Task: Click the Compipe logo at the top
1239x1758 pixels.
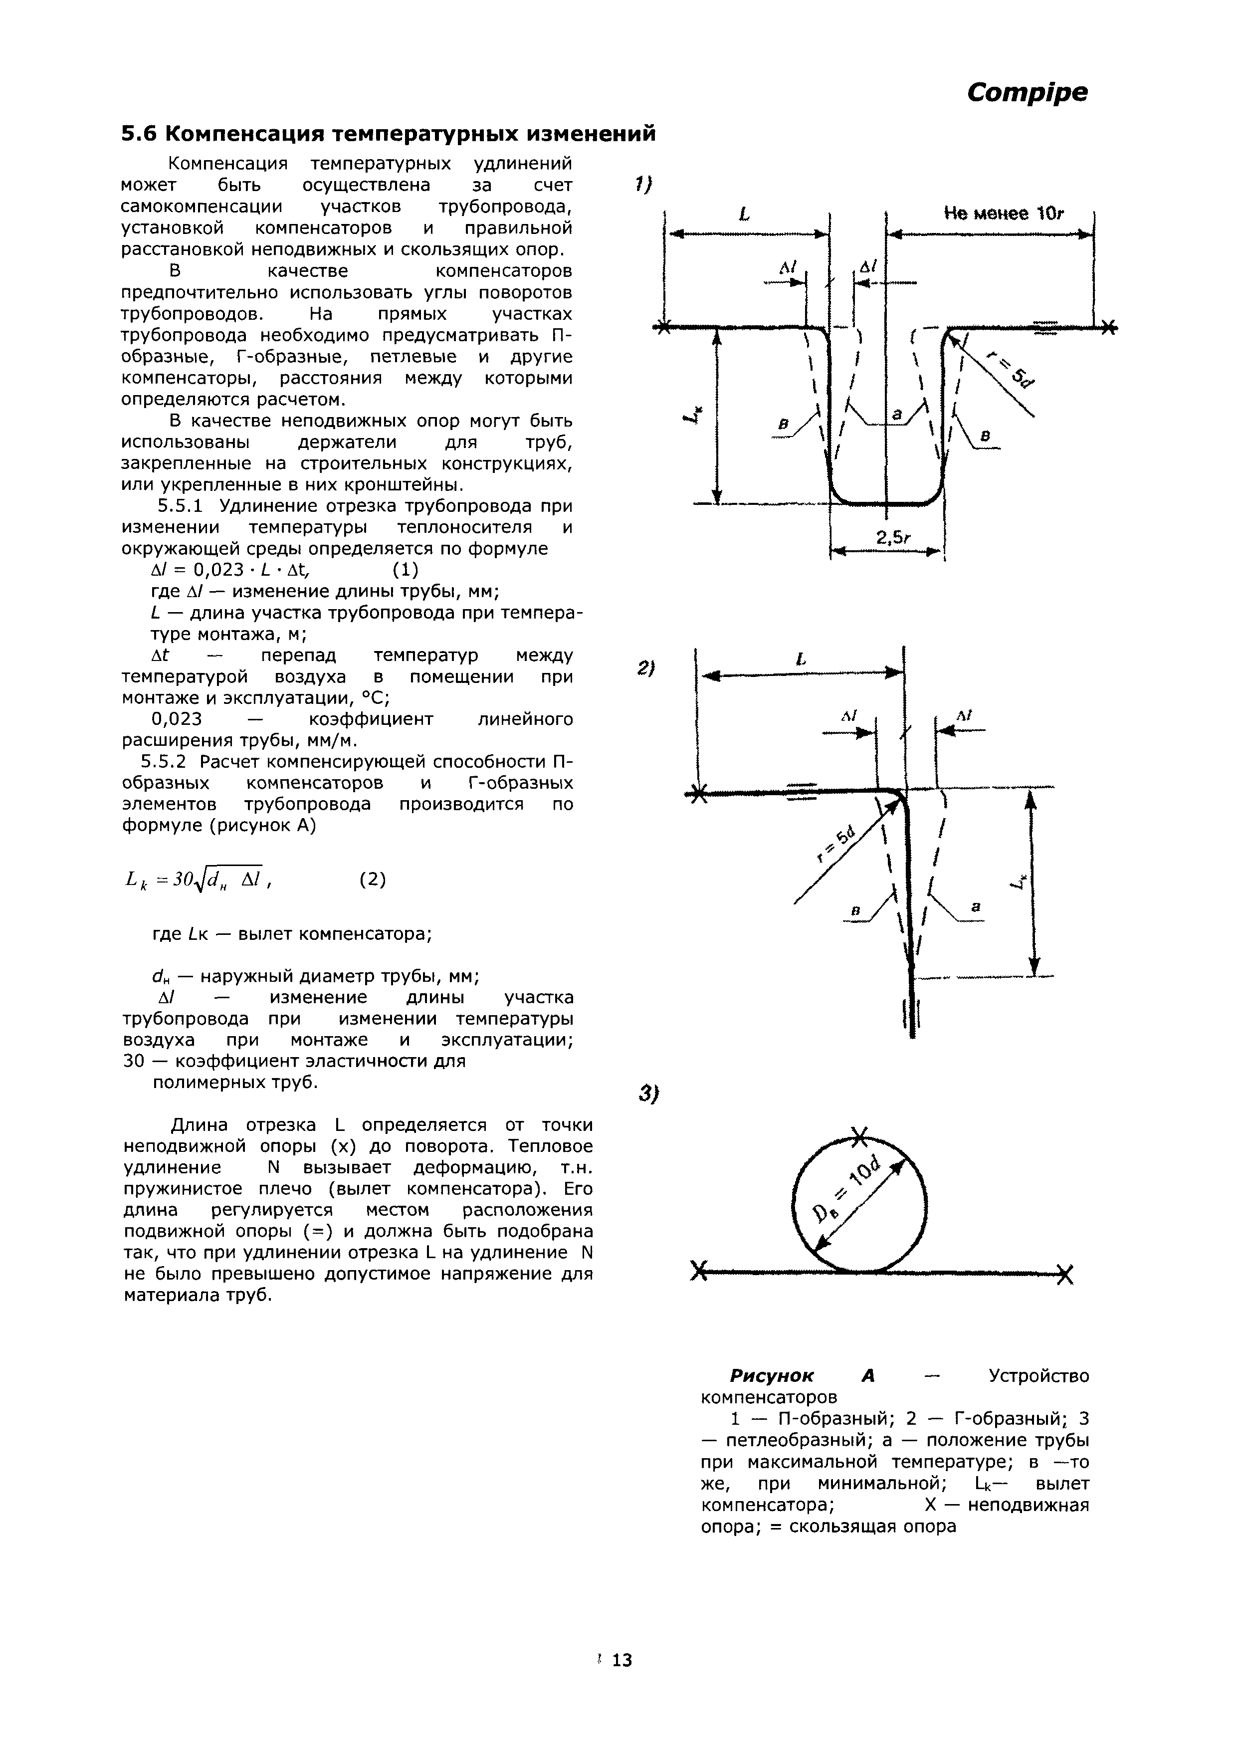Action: tap(1026, 93)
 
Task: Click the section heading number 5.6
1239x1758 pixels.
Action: tap(139, 134)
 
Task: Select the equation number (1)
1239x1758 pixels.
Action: tap(405, 570)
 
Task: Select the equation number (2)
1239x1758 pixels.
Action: tap(372, 880)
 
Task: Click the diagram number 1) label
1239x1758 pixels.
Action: tap(642, 185)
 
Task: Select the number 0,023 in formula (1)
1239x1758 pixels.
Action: tap(218, 570)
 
